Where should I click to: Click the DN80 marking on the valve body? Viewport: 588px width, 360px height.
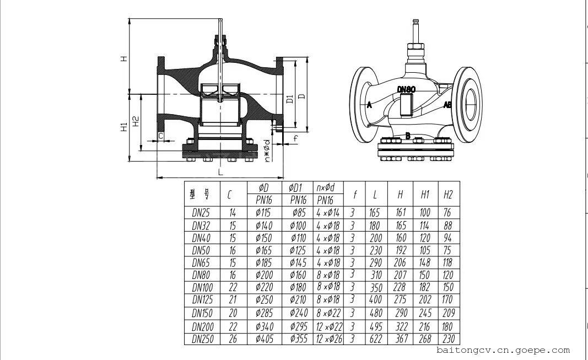pyautogui.click(x=406, y=90)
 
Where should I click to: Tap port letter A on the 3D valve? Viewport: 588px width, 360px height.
pyautogui.click(x=369, y=105)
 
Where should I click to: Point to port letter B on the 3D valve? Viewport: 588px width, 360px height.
pyautogui.click(x=408, y=136)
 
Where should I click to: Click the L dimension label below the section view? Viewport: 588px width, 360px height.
pyautogui.click(x=220, y=172)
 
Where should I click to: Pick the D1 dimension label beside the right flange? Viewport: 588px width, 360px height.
pyautogui.click(x=289, y=100)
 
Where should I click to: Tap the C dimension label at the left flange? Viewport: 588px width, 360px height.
pyautogui.click(x=161, y=136)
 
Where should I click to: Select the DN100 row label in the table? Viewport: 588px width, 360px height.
pyautogui.click(x=202, y=288)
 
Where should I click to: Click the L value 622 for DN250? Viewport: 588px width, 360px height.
pyautogui.click(x=375, y=339)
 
